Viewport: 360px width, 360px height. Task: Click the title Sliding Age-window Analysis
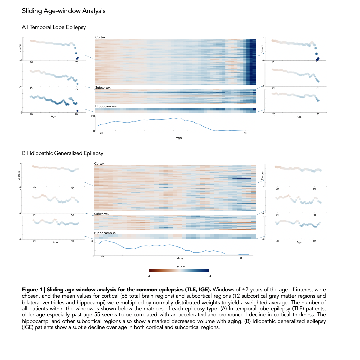point(64,11)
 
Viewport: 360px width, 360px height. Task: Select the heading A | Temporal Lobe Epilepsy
point(54,27)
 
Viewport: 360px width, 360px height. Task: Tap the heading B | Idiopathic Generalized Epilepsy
point(62,153)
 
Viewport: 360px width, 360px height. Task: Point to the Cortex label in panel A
point(100,37)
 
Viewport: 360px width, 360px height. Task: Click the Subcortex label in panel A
point(103,88)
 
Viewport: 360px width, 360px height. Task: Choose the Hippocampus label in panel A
point(106,106)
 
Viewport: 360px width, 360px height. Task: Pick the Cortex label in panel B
point(99,164)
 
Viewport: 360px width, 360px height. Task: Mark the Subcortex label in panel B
point(102,214)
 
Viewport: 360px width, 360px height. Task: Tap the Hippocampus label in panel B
point(105,233)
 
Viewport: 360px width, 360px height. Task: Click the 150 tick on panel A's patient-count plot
point(92,116)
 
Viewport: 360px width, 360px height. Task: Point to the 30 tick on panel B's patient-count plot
point(93,241)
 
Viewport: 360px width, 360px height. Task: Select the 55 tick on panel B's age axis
point(241,258)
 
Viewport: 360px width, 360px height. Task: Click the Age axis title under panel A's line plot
point(179,138)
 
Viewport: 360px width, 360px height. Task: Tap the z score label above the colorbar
point(179,266)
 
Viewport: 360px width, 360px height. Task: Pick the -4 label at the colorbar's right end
point(209,276)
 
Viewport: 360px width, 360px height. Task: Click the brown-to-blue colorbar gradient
point(179,271)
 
